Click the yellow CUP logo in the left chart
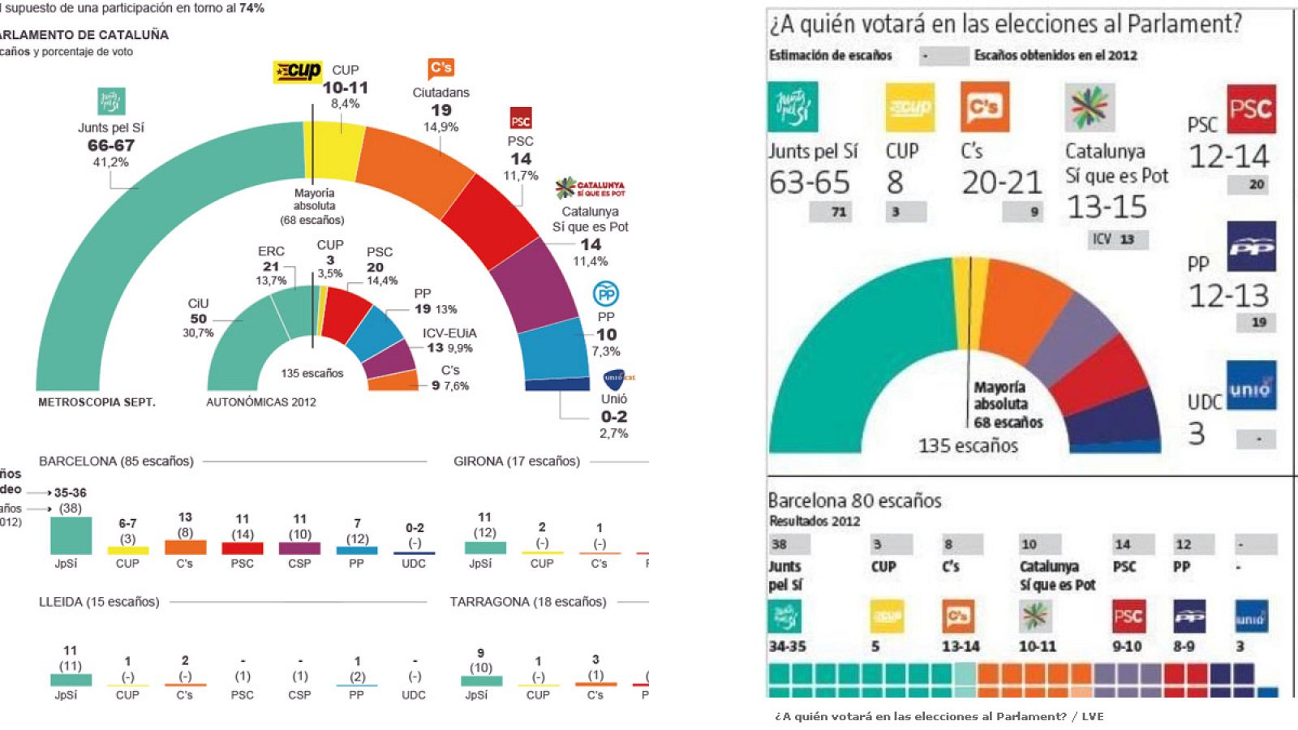[297, 71]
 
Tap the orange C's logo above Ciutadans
[441, 68]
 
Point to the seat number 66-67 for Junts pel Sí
[111, 145]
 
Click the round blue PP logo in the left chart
[606, 294]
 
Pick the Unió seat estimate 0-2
[613, 416]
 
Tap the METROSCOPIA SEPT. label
[97, 402]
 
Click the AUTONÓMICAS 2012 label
[261, 402]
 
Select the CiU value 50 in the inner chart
[199, 319]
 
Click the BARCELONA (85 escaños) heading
[116, 462]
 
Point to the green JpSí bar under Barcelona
[71, 535]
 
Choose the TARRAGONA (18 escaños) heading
[528, 602]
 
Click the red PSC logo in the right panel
[1251, 109]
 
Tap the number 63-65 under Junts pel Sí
[810, 182]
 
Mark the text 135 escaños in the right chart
[968, 445]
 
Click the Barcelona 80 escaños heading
[854, 500]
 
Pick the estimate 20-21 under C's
[1002, 182]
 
